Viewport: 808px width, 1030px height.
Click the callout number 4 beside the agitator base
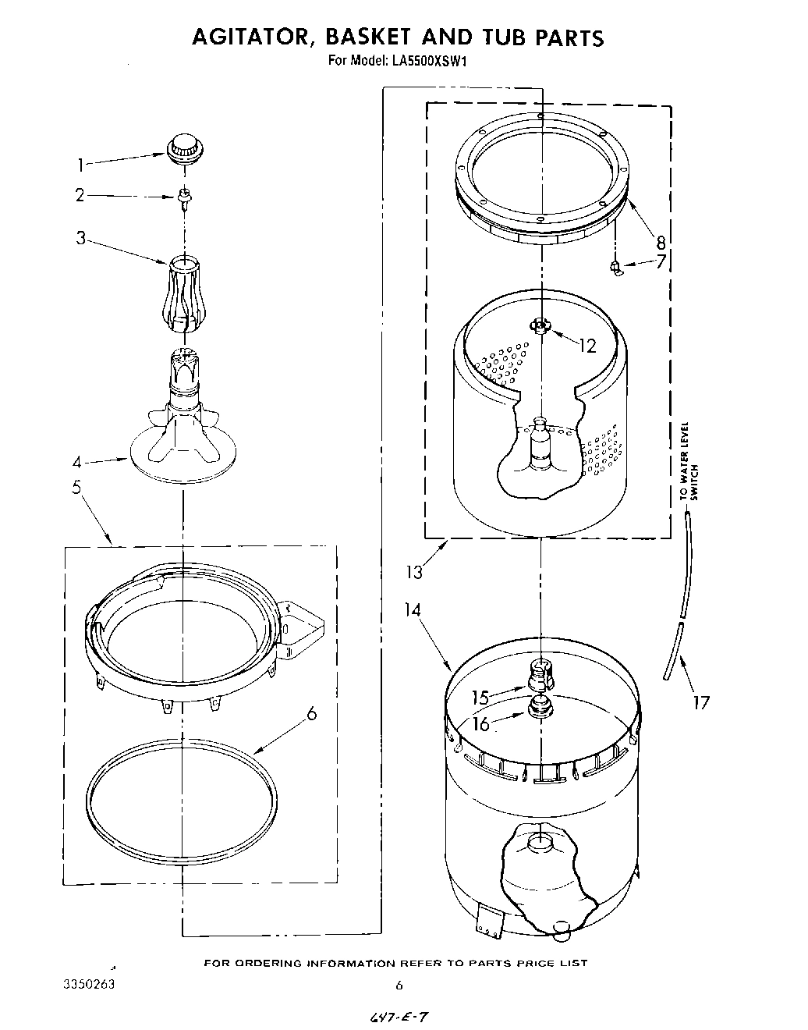click(x=76, y=461)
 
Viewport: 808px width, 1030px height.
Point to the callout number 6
click(x=312, y=712)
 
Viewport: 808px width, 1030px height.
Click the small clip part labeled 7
click(x=616, y=268)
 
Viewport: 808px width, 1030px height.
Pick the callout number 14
click(x=413, y=609)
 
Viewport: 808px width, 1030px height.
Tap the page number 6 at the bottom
click(x=399, y=986)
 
